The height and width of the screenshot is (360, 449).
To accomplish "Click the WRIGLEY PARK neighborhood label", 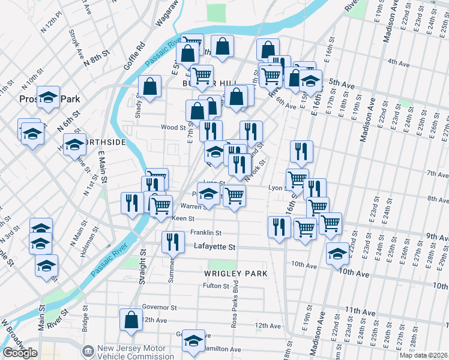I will tap(235, 274).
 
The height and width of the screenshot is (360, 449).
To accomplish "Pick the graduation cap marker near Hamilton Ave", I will tap(193, 341).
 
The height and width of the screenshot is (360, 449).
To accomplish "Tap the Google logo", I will tap(20, 353).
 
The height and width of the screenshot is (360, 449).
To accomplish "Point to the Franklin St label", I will tap(206, 233).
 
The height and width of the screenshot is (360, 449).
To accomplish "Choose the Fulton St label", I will tap(213, 286).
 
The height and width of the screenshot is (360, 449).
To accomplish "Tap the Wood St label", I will tap(172, 127).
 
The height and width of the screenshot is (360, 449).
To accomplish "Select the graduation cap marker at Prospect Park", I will tap(49, 98).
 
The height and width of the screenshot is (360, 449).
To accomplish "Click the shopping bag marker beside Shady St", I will tap(149, 86).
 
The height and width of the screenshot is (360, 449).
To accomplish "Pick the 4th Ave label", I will tap(398, 62).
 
